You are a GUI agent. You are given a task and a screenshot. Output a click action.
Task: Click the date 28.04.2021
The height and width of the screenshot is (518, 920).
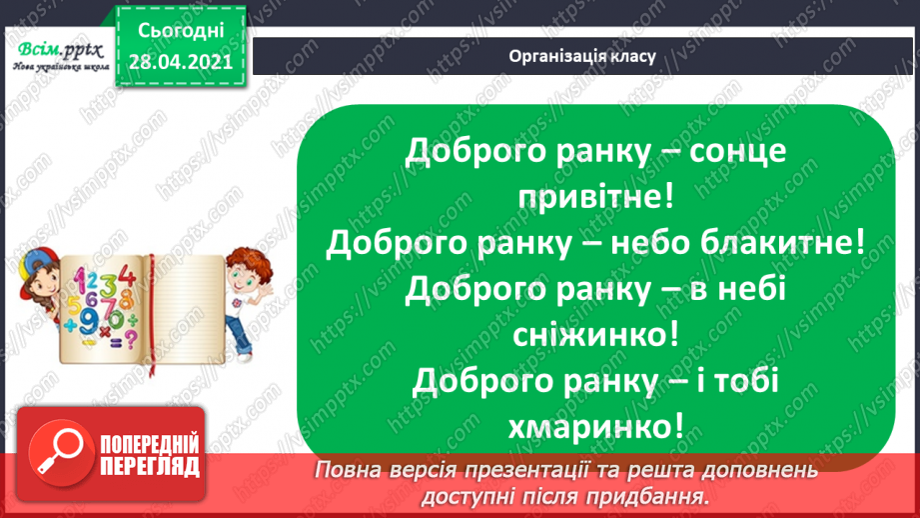click(x=180, y=59)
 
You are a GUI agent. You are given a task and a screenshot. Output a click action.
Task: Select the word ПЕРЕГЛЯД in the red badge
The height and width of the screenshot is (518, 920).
click(x=150, y=466)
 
